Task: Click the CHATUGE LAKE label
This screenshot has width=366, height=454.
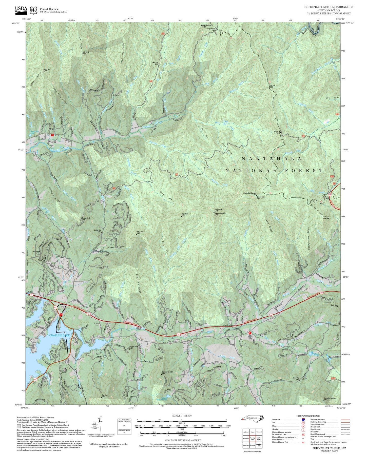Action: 59,335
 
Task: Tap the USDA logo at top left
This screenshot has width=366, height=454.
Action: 21,10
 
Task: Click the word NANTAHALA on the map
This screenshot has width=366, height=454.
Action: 271,159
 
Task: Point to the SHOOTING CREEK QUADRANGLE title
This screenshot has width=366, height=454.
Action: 329,7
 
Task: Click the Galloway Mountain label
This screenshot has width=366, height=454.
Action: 167,372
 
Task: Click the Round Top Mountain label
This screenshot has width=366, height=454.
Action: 329,399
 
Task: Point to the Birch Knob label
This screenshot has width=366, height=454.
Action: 185,215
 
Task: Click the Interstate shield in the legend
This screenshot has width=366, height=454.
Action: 303,420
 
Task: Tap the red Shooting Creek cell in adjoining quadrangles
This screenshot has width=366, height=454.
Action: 252,439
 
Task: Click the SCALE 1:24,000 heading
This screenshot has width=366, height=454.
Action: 182,416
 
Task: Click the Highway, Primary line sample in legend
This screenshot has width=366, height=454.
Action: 345,420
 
